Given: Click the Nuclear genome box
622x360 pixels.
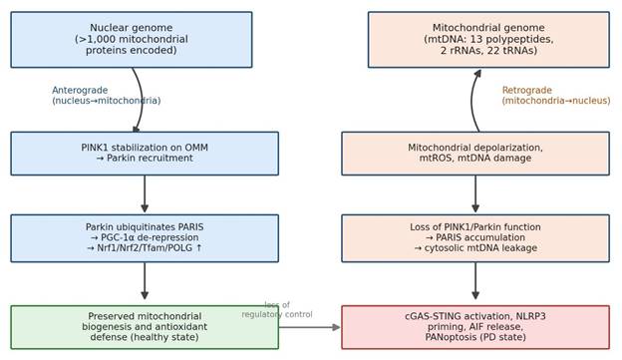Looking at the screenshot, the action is [132, 40].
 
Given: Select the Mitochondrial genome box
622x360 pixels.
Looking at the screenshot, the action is [488, 40].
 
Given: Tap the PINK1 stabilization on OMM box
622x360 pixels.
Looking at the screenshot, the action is [145, 154].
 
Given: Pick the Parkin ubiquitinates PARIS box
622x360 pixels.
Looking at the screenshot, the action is [145, 238].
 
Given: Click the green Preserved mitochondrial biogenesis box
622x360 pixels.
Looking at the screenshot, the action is [145, 327].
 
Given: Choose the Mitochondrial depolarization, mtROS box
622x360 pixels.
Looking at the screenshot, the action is [475, 154].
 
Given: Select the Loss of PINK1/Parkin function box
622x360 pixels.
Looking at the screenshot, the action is [475, 238].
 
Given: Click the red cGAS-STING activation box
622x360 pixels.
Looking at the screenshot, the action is [475, 327].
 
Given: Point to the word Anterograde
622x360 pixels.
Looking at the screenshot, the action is [80, 91].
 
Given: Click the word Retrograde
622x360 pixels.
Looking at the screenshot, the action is [526, 91].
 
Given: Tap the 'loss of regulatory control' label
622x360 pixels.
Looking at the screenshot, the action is [277, 309].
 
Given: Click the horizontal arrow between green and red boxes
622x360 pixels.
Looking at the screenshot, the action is [309, 327].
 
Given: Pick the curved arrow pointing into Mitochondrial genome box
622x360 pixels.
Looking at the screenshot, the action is [471, 100].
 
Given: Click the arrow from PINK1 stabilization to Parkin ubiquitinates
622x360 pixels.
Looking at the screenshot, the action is [145, 193].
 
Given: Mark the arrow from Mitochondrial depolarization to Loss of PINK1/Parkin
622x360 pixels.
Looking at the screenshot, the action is [475, 193].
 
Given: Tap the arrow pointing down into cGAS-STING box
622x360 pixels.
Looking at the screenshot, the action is [475, 280].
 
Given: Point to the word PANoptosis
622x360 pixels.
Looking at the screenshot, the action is [451, 337].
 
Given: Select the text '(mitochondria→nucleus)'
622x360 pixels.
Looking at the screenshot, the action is [556, 101].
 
